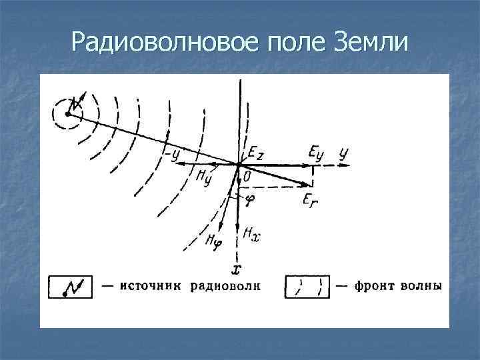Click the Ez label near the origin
(255, 153)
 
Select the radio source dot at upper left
(67, 114)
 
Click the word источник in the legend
(151, 287)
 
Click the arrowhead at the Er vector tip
(309, 184)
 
